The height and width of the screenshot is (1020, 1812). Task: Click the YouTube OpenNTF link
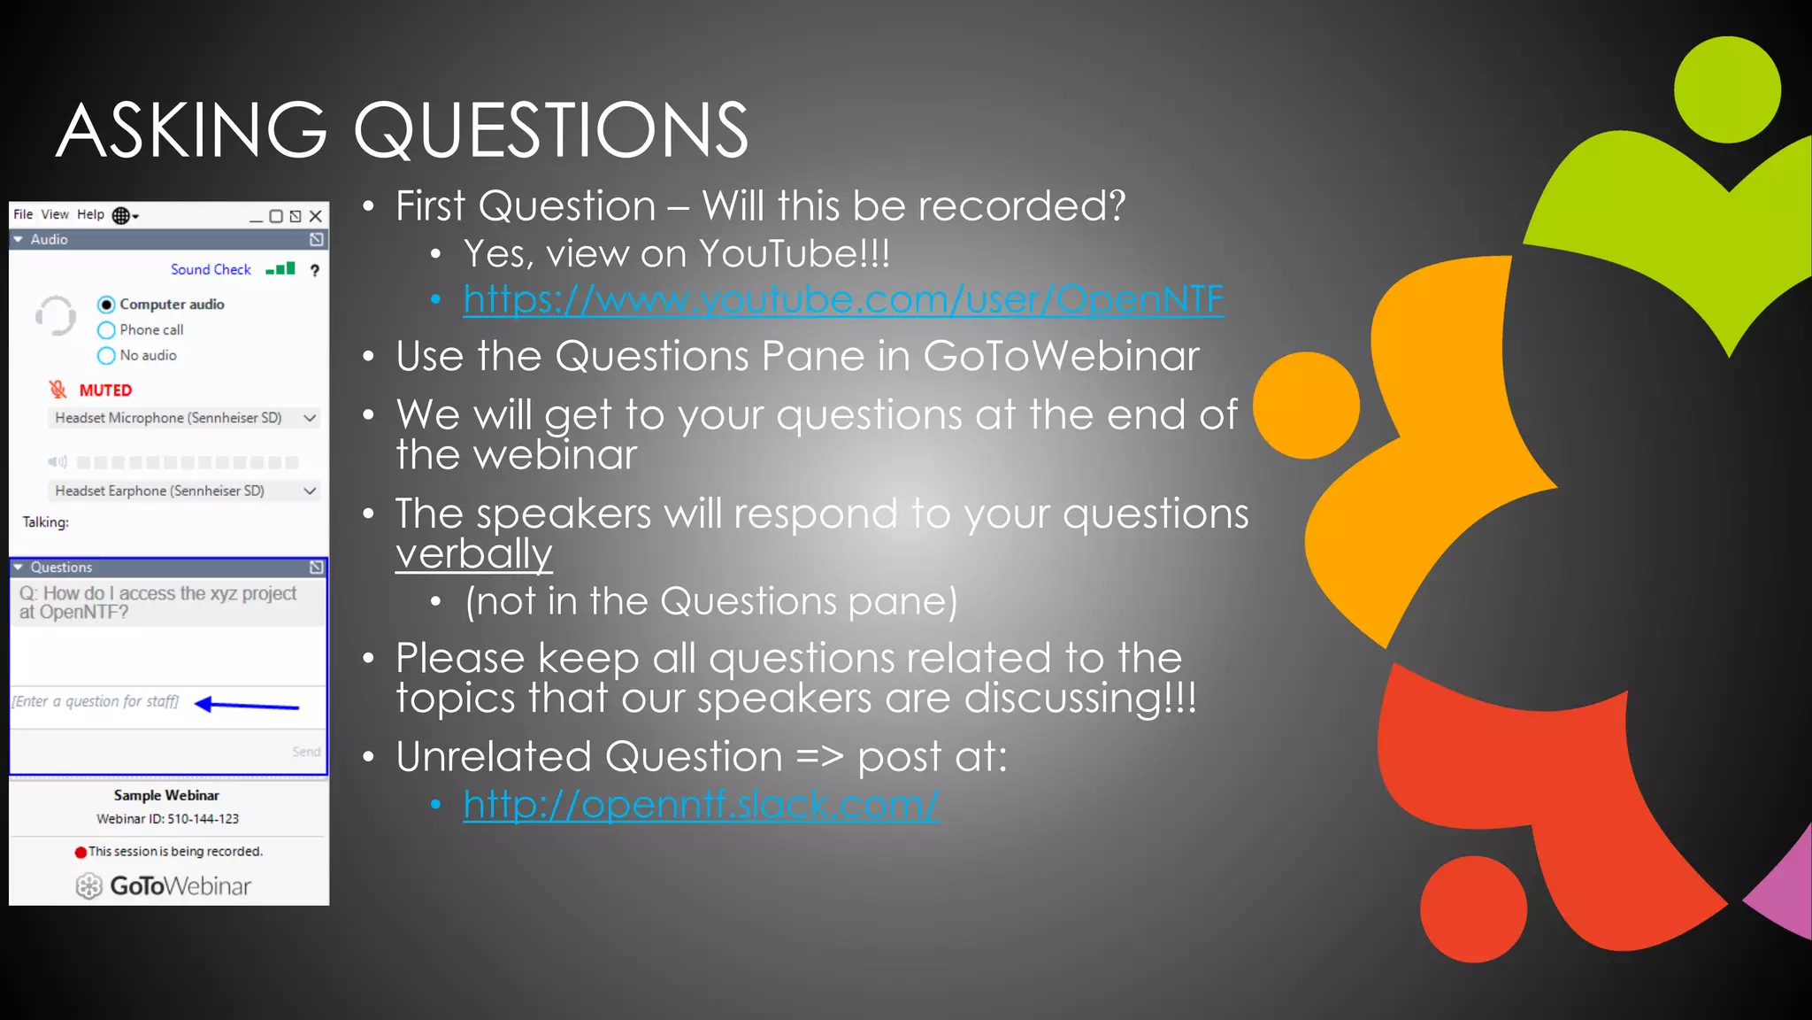click(842, 299)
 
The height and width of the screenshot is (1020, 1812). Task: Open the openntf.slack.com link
click(700, 804)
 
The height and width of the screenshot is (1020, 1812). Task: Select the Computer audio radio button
click(106, 305)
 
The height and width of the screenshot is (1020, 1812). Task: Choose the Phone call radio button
click(106, 330)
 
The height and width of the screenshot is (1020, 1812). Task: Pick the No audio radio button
click(106, 356)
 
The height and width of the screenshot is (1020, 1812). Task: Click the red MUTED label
click(105, 390)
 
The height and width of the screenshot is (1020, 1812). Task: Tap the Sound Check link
click(211, 269)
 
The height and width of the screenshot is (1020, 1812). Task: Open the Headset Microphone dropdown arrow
click(310, 418)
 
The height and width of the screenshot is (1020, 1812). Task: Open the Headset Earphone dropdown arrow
click(310, 491)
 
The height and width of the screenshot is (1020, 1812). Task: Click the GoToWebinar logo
click(164, 885)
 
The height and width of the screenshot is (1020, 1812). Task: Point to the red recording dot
click(81, 853)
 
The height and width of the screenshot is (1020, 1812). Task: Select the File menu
click(23, 214)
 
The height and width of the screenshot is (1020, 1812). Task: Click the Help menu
click(90, 214)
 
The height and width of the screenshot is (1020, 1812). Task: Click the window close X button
click(316, 216)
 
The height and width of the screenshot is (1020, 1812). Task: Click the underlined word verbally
click(473, 554)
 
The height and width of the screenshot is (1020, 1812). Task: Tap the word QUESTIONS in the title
click(550, 130)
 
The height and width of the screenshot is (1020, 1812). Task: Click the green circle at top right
click(1727, 89)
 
